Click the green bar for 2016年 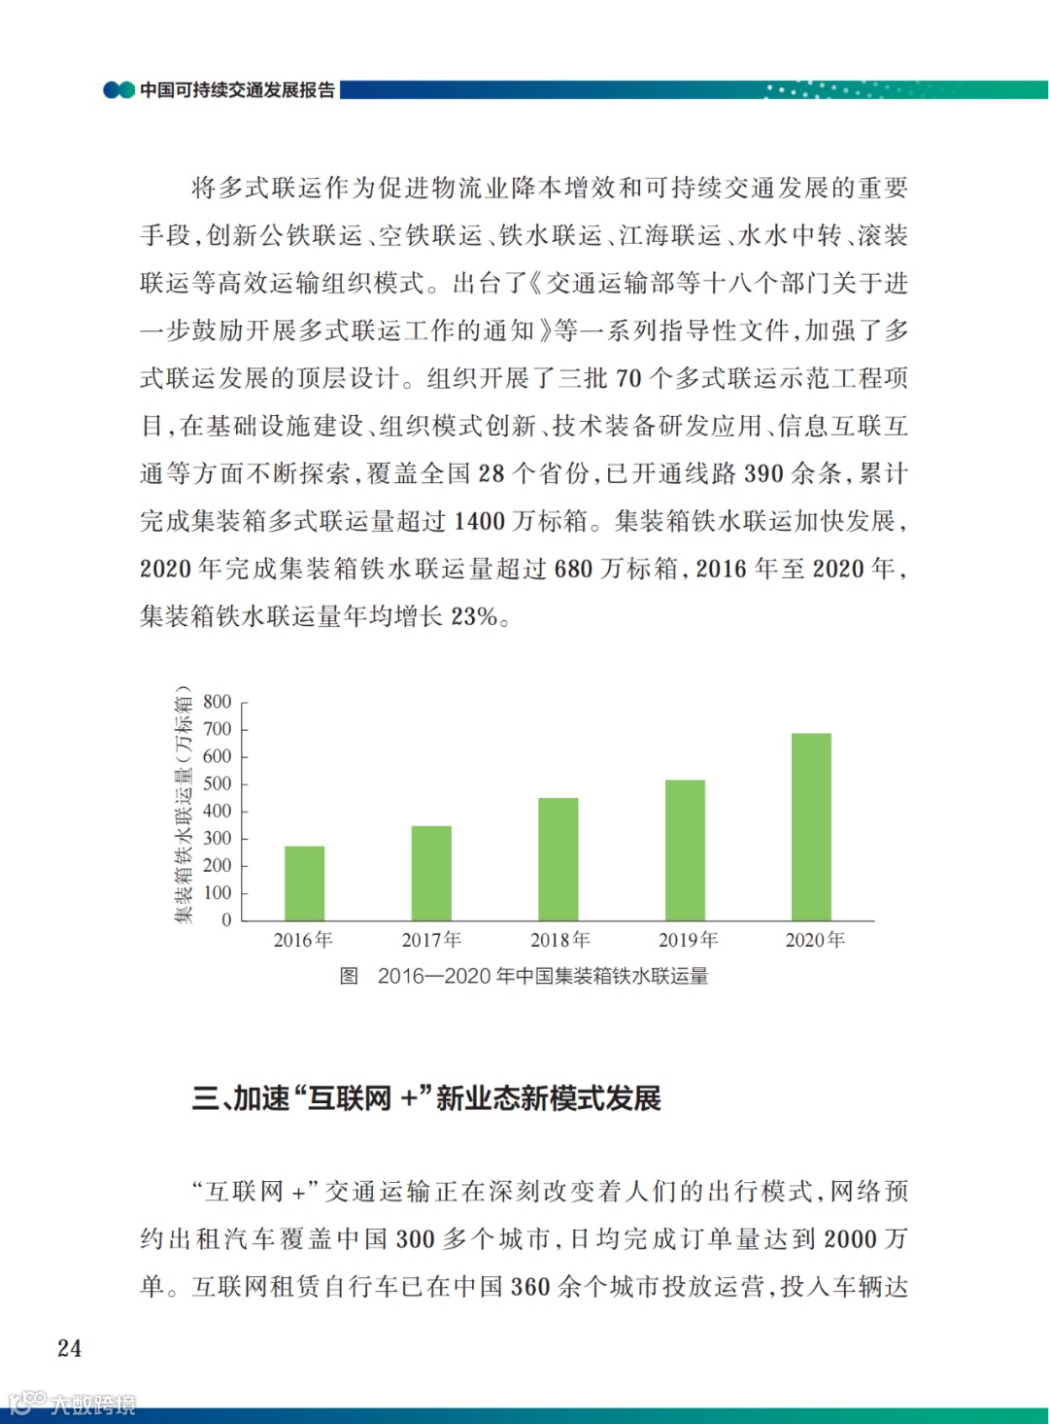point(304,883)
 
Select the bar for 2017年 point(431,873)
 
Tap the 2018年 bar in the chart point(558,859)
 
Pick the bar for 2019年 point(685,850)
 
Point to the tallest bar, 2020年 point(811,826)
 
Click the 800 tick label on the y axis point(218,702)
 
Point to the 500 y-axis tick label point(218,783)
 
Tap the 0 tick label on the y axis point(226,920)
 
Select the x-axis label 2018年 point(559,940)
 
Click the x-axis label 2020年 point(815,940)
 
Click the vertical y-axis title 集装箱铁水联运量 point(183,805)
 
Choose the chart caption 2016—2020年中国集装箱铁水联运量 point(542,976)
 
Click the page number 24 point(69,1348)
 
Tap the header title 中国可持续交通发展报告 point(237,90)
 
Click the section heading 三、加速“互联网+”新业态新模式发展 point(426,1099)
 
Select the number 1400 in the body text point(480,521)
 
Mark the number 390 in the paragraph point(763,473)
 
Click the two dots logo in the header point(118,90)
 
